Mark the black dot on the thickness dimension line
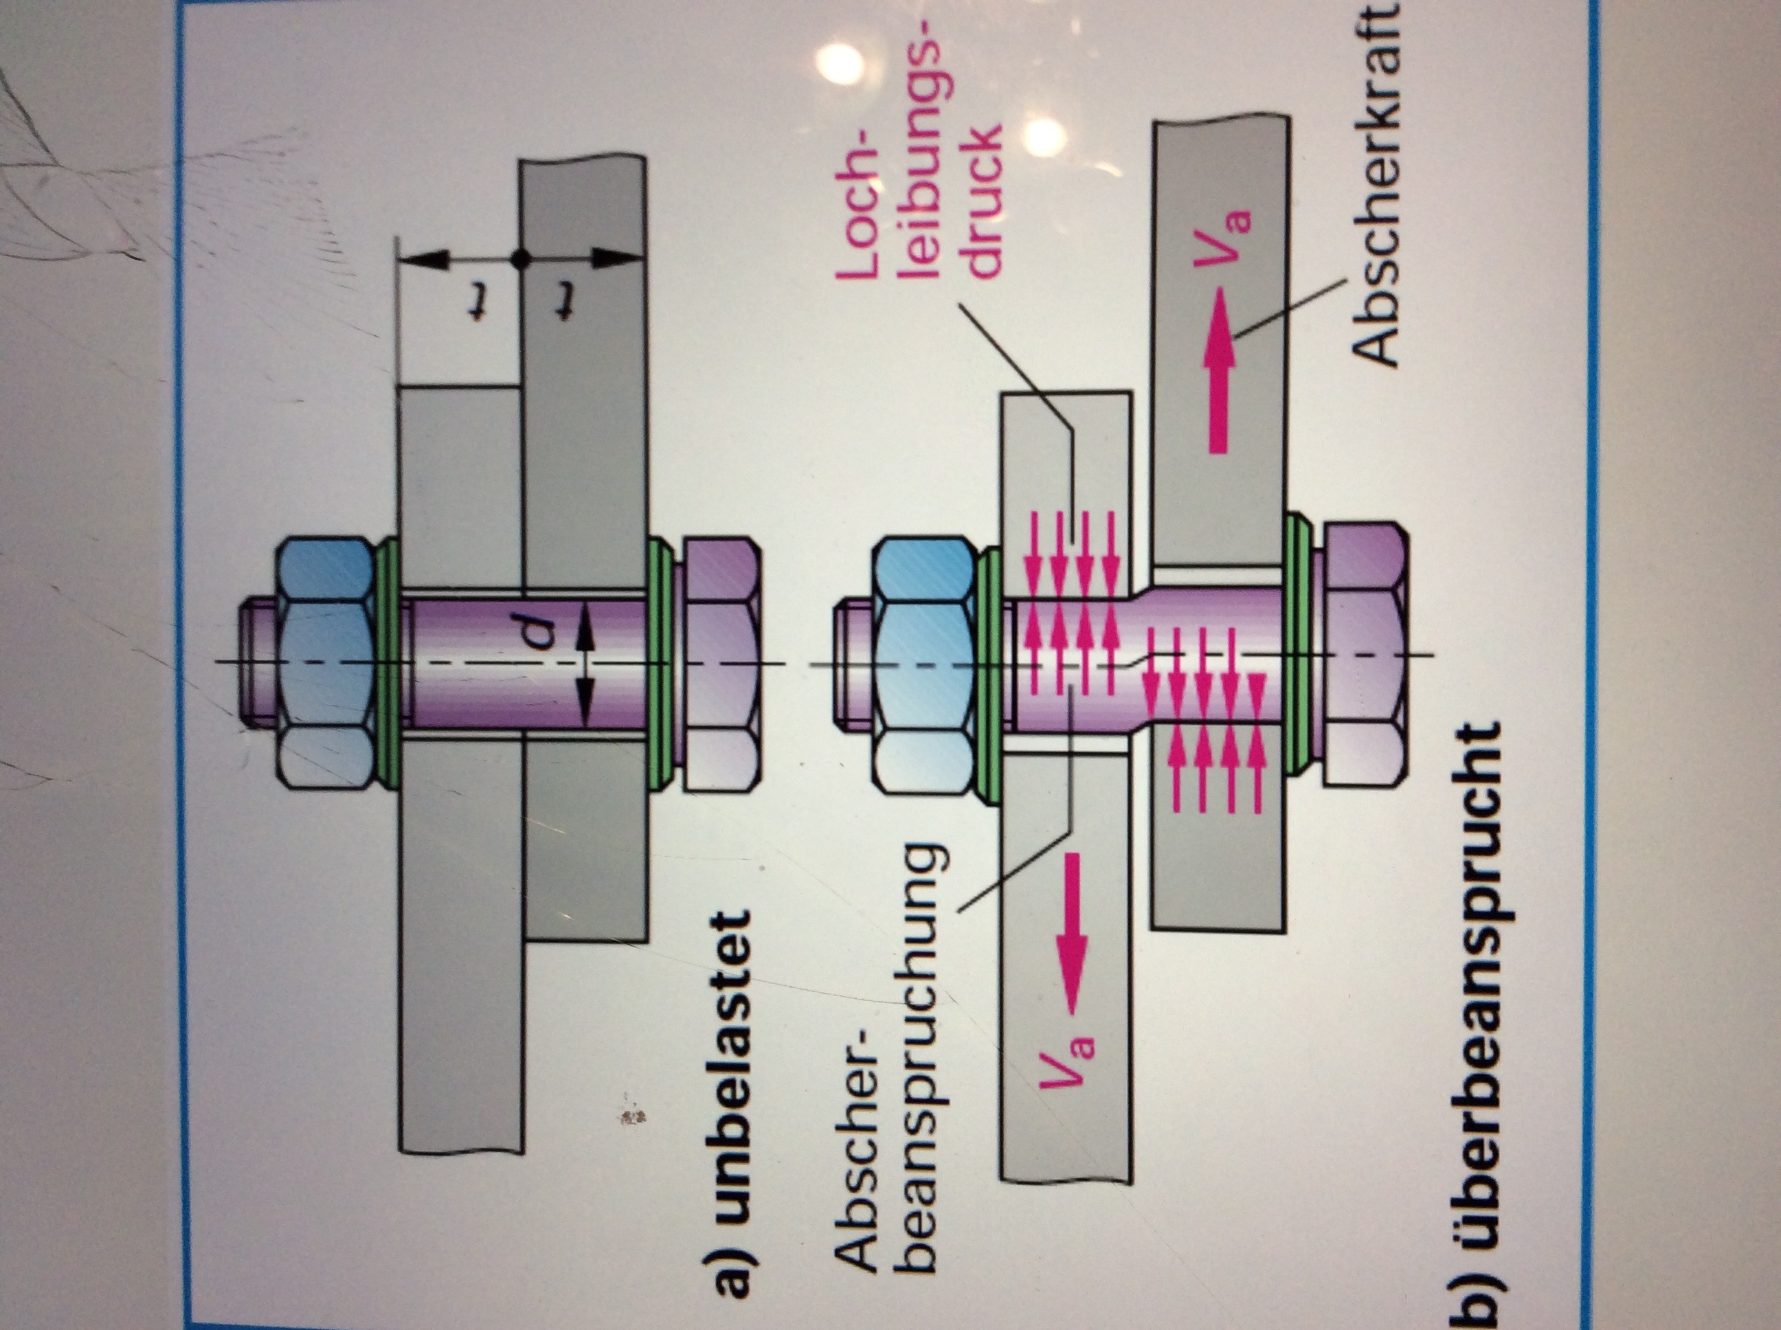[521, 258]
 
